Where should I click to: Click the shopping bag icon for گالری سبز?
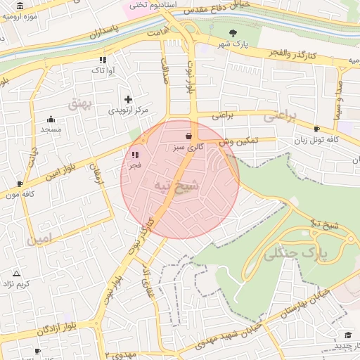(188, 135)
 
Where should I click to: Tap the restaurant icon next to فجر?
(134, 155)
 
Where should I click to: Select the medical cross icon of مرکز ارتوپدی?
(128, 100)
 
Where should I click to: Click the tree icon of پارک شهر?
(233, 32)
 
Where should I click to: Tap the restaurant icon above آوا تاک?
(103, 60)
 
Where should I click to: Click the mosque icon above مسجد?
(51, 119)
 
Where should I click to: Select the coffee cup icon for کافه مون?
(20, 184)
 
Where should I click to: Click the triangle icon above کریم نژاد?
(16, 273)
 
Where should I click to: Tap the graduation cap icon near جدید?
(347, 335)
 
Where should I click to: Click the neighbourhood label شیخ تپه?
(181, 185)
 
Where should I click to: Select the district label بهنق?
(80, 103)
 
